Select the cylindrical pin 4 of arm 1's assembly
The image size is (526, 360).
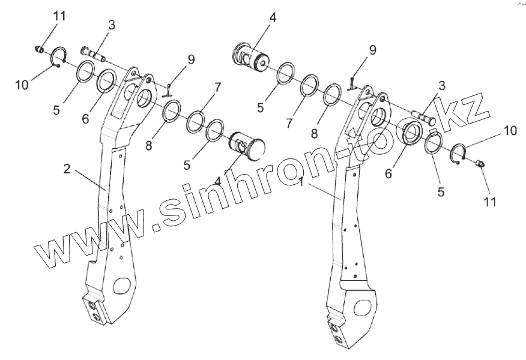pyautogui.click(x=250, y=57)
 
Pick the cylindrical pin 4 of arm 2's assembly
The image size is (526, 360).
pyautogui.click(x=249, y=146)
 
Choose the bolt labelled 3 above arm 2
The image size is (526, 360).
pyautogui.click(x=92, y=55)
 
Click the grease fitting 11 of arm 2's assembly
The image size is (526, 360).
pyautogui.click(x=40, y=49)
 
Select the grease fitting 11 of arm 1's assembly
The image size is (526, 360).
pyautogui.click(x=480, y=164)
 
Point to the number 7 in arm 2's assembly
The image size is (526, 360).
pyautogui.click(x=217, y=88)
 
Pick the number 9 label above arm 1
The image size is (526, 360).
pyautogui.click(x=372, y=50)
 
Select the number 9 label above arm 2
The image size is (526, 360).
pyautogui.click(x=191, y=60)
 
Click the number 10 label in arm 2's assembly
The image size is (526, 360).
pyautogui.click(x=22, y=85)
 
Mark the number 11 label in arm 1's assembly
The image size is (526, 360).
pyautogui.click(x=490, y=202)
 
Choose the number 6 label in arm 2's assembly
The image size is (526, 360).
pyautogui.click(x=86, y=119)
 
